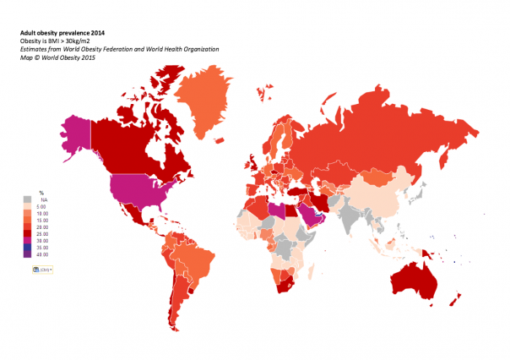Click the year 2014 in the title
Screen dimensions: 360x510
point(92,33)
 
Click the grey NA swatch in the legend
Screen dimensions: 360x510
point(28,199)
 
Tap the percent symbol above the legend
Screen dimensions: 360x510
point(41,194)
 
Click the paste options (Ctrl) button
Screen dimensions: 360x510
point(41,269)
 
